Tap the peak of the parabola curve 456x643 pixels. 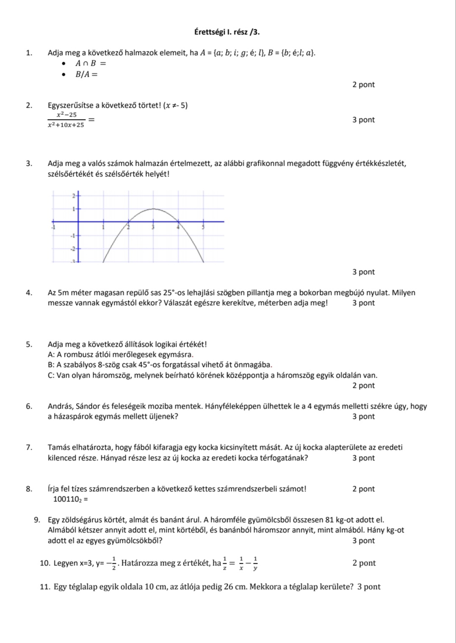point(153,209)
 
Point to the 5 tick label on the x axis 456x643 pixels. point(203,228)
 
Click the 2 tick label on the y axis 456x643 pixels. point(73,195)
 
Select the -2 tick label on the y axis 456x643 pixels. point(72,248)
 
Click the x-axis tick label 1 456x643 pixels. point(103,228)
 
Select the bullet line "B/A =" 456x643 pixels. point(86,75)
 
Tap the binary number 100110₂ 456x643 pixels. point(67,499)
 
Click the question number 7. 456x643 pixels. point(29,447)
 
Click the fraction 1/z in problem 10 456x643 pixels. point(224,563)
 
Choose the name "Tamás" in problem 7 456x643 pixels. point(59,447)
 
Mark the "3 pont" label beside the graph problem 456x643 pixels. point(363,272)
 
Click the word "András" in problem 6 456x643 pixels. point(60,406)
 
